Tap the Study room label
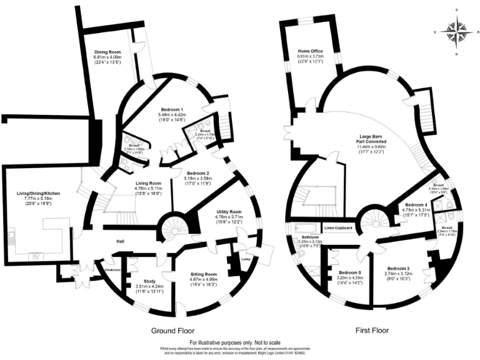click(x=149, y=281)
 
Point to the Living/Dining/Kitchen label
click(x=38, y=194)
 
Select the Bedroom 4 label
click(x=416, y=204)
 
